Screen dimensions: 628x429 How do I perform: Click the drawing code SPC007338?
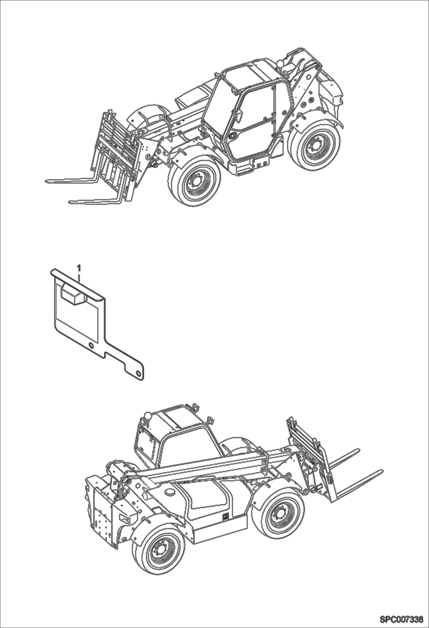401,620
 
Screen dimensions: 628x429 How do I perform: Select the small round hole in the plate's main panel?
91,345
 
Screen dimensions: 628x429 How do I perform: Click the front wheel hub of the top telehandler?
196,182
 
